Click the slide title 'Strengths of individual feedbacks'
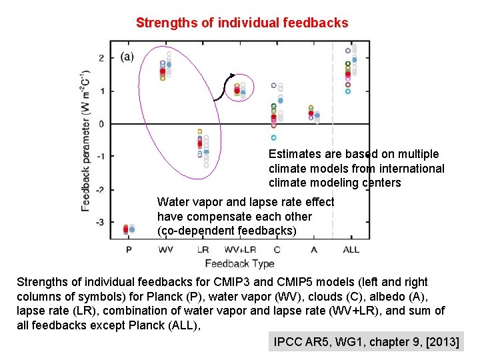(241, 23)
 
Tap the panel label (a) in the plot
(127, 57)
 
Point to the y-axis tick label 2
(101, 59)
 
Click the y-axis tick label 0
(101, 124)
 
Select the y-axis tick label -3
(100, 222)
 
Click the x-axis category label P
(129, 249)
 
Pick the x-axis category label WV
(166, 249)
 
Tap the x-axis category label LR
(203, 249)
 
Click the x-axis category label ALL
(351, 249)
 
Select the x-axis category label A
(313, 249)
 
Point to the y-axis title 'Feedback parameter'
(85, 140)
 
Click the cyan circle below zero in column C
(273, 138)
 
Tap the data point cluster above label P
(128, 229)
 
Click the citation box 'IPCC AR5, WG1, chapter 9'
(366, 342)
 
